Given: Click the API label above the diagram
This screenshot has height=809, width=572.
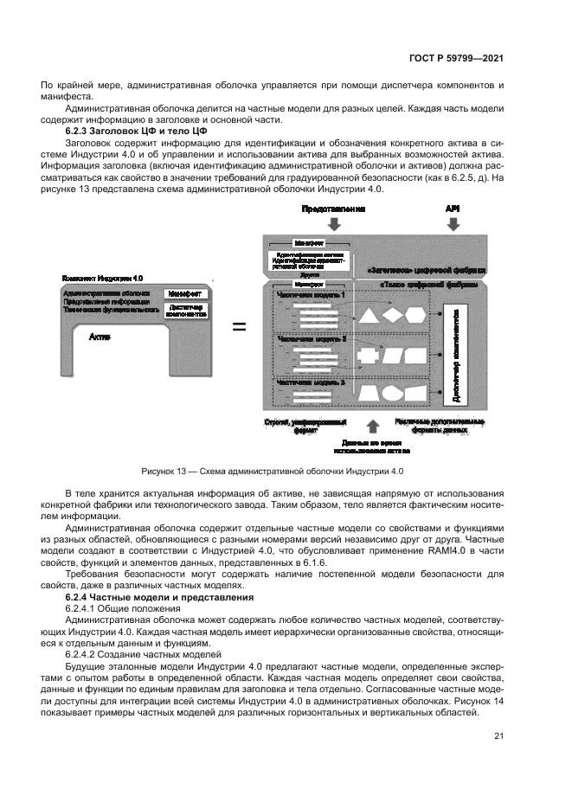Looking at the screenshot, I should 453,209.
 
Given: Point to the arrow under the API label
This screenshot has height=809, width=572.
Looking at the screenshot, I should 453,224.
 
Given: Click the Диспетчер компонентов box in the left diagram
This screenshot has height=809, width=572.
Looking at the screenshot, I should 184,310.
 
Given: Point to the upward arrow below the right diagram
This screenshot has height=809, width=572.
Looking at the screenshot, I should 372,426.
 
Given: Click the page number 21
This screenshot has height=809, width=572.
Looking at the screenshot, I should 498,736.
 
